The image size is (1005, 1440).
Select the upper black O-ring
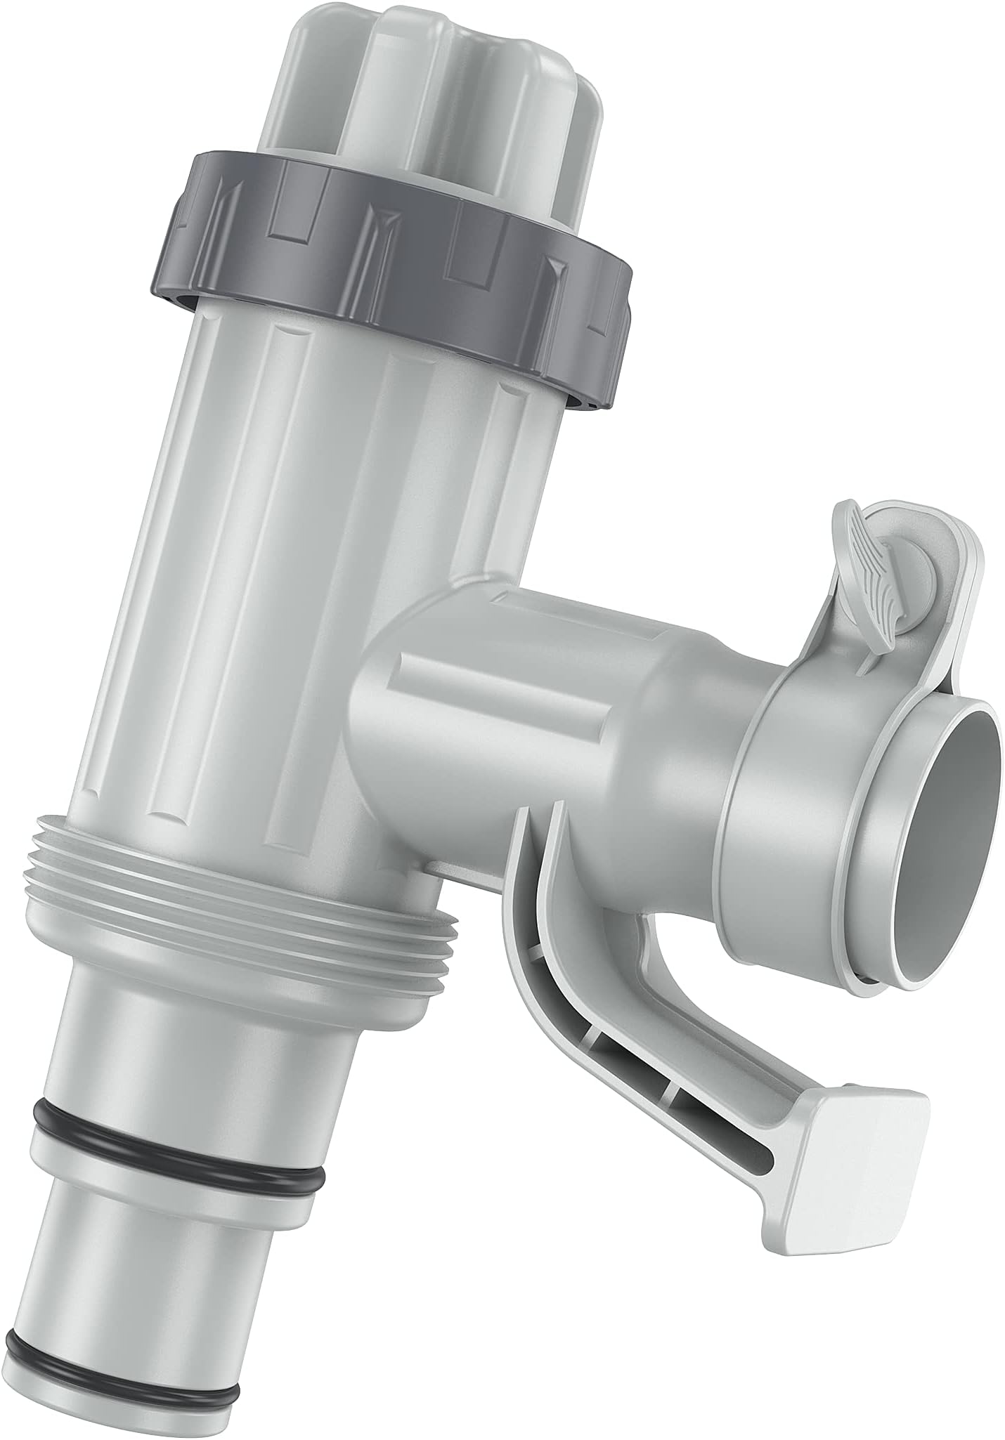pos(176,1117)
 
